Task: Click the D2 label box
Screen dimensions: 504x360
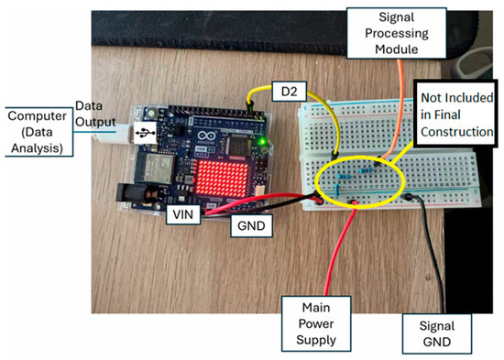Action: click(x=289, y=92)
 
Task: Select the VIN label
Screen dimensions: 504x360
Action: click(x=183, y=214)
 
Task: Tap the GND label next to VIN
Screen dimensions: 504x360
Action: click(x=251, y=225)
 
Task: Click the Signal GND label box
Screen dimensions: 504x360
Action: click(x=437, y=333)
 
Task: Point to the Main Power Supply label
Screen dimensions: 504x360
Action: click(x=316, y=323)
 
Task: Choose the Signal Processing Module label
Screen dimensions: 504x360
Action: click(x=397, y=33)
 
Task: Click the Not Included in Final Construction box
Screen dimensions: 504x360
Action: click(x=455, y=115)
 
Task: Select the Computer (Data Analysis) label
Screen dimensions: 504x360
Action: click(x=37, y=132)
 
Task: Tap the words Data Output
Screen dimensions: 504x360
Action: click(x=95, y=114)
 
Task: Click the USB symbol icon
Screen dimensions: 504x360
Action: click(x=146, y=133)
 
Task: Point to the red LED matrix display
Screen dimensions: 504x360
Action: click(x=222, y=179)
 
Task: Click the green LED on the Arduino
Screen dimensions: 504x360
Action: click(x=263, y=141)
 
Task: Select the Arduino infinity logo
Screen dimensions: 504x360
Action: click(x=205, y=136)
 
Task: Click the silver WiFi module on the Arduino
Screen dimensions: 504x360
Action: click(x=158, y=169)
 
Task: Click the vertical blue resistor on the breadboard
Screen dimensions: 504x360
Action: click(x=336, y=190)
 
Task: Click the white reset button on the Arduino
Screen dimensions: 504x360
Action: click(x=151, y=114)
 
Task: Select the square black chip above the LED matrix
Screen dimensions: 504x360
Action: click(x=238, y=146)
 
